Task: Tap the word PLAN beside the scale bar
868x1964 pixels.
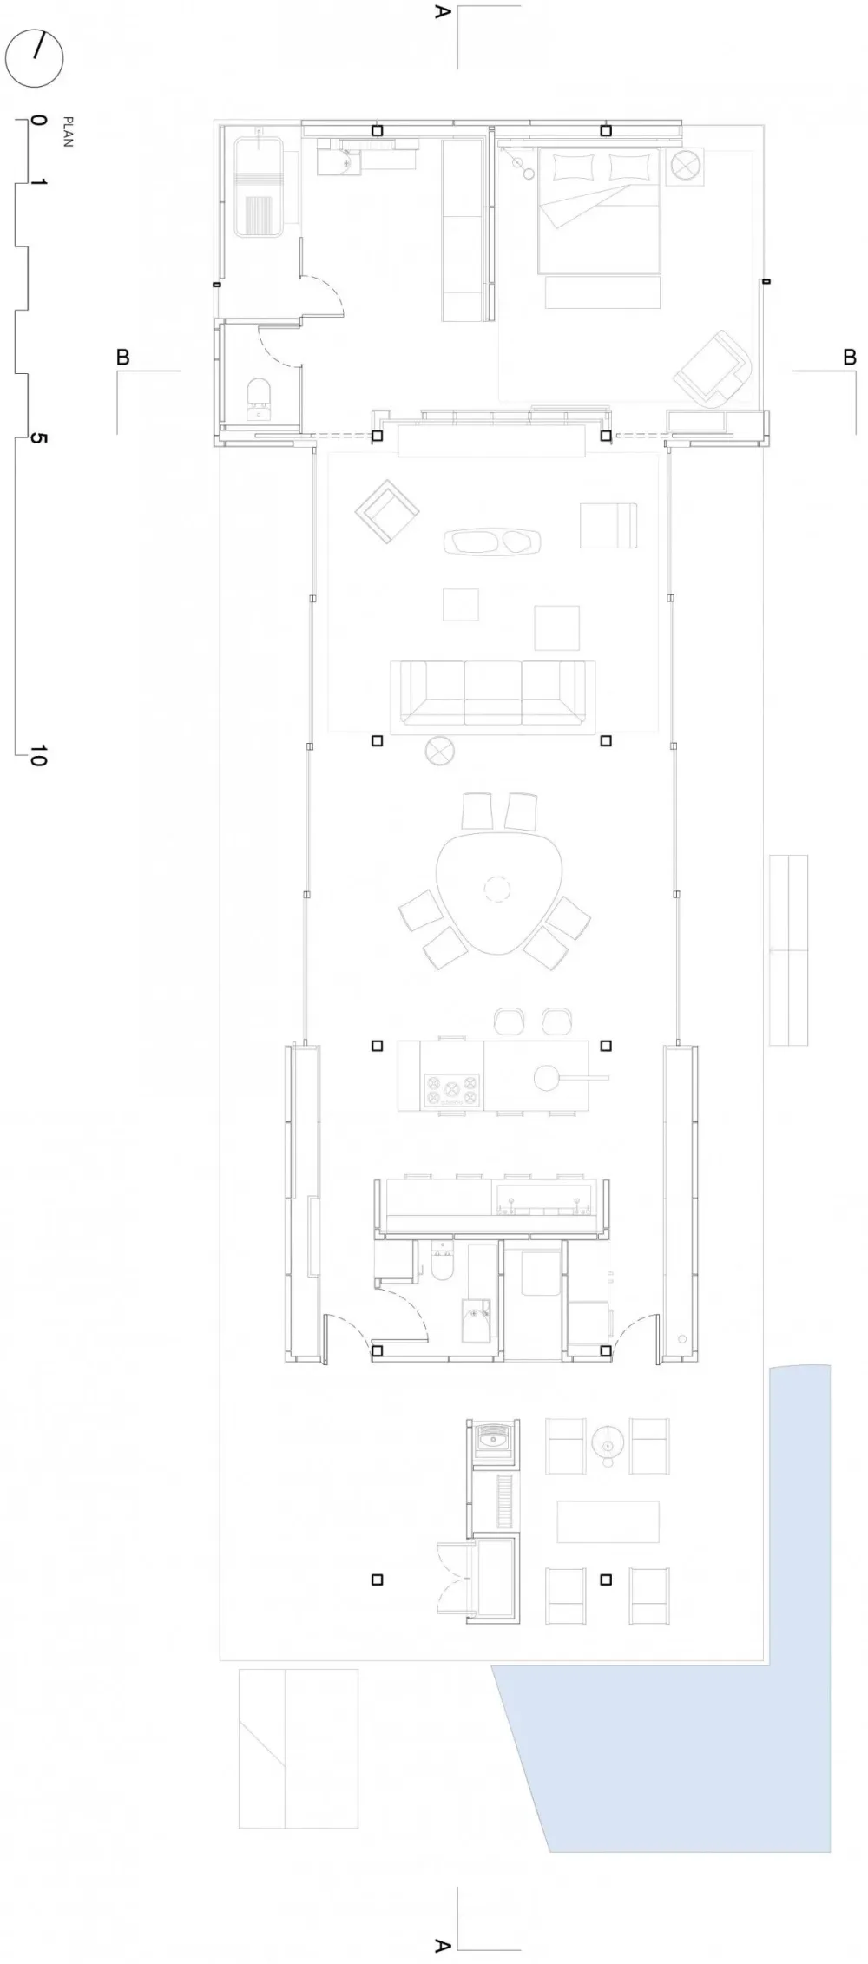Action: click(x=68, y=131)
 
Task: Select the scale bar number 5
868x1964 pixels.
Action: click(x=37, y=438)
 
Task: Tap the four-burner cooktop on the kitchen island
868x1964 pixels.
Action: click(x=451, y=1091)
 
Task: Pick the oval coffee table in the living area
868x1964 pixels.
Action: click(x=492, y=542)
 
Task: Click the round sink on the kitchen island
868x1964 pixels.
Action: click(x=547, y=1077)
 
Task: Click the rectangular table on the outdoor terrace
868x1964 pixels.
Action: click(x=608, y=1521)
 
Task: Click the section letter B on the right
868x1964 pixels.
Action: click(x=850, y=357)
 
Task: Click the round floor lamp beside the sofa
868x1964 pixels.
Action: click(x=440, y=751)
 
